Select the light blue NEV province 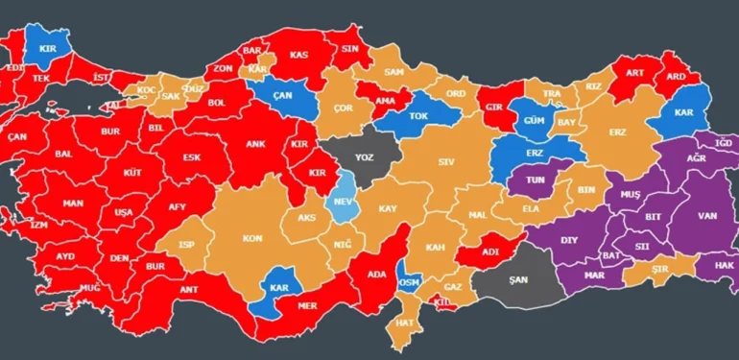click(x=340, y=203)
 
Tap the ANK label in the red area click(x=255, y=146)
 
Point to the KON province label click(x=252, y=237)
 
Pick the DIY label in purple click(x=569, y=240)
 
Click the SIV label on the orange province click(x=445, y=162)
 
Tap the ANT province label click(x=189, y=289)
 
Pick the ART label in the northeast click(x=633, y=73)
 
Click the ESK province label click(x=193, y=157)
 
